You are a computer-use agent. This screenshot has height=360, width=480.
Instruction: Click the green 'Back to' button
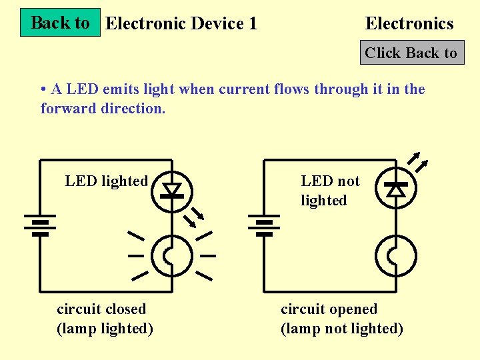click(60, 23)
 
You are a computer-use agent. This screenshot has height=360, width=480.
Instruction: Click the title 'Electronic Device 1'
click(181, 24)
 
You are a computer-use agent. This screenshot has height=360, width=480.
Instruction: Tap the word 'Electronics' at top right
click(409, 24)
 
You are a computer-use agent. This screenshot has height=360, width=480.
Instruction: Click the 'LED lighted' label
click(106, 181)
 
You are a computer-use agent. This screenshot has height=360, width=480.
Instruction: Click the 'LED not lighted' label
click(330, 191)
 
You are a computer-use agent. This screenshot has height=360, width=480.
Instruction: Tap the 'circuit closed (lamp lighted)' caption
click(105, 319)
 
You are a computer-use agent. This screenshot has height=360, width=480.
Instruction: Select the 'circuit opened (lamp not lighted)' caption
click(342, 319)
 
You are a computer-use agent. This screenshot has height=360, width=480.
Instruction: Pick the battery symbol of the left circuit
click(40, 225)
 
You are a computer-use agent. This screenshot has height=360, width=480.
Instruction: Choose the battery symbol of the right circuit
click(264, 225)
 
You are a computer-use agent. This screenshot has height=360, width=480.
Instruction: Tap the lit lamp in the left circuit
click(172, 255)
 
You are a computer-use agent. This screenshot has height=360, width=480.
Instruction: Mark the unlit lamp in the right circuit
click(396, 255)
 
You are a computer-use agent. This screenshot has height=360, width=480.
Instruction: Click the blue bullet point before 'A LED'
click(43, 89)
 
